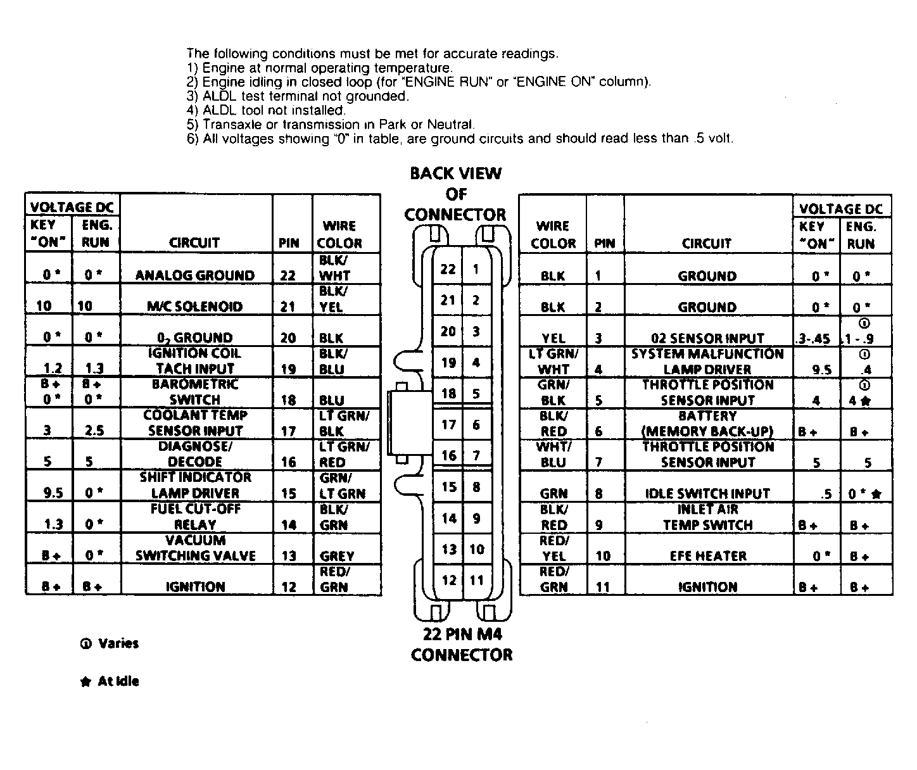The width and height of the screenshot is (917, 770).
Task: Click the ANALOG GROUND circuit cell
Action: point(195,275)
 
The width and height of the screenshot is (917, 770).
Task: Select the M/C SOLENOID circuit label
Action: point(195,306)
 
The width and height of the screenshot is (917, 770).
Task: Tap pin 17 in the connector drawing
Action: point(448,424)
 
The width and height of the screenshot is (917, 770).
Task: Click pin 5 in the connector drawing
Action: point(476,393)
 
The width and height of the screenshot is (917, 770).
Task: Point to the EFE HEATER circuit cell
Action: point(708,556)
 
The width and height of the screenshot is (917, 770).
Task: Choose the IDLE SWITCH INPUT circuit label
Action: point(708,493)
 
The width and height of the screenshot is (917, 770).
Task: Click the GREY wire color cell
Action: point(336,556)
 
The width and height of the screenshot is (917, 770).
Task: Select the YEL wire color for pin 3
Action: point(553,338)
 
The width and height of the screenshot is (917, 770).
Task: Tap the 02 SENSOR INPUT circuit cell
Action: point(708,338)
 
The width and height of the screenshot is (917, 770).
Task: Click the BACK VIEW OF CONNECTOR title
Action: point(455,194)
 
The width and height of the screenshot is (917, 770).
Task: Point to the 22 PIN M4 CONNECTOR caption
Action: point(462,645)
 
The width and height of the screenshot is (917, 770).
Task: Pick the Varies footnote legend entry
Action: point(109,643)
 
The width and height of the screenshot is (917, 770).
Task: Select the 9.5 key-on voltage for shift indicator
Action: point(48,493)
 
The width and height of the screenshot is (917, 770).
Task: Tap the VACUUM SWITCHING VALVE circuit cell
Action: point(195,548)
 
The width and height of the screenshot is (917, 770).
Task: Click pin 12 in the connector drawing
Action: point(448,580)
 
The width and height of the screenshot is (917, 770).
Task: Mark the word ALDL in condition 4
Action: point(218,110)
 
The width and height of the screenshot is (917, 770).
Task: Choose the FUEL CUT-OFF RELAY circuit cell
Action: point(195,517)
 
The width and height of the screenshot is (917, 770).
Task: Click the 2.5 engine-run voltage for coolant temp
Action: point(94,431)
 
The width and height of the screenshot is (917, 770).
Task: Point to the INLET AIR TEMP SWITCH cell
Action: point(708,517)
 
